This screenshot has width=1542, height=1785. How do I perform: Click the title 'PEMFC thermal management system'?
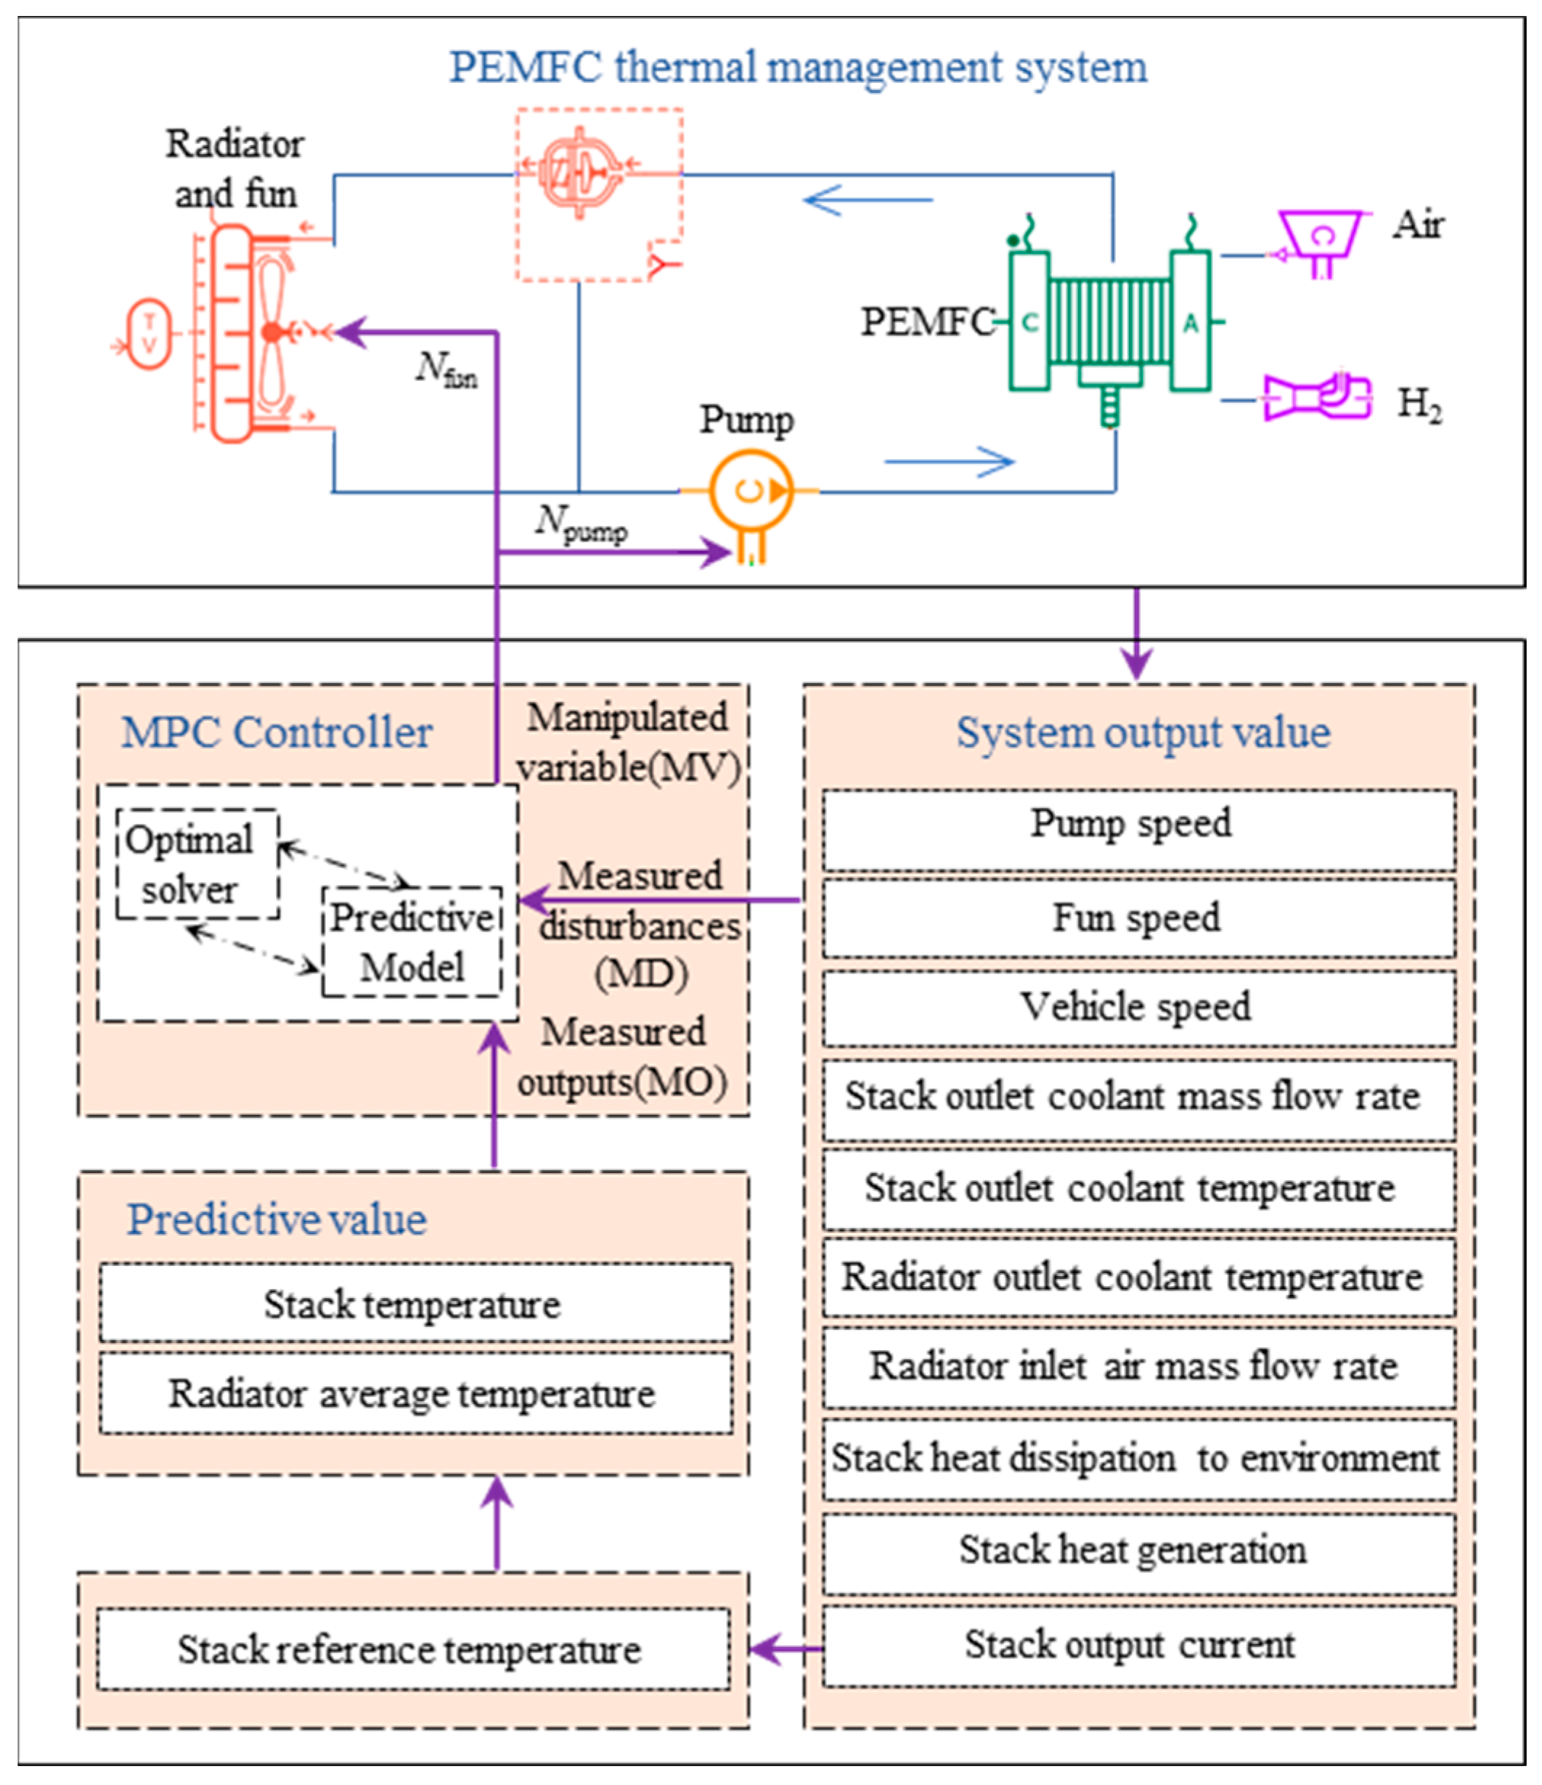tap(798, 68)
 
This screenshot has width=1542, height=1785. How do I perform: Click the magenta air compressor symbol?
tap(1321, 243)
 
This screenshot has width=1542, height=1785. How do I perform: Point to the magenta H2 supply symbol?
tap(1317, 397)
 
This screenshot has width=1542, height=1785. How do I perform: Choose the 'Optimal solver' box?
tap(197, 864)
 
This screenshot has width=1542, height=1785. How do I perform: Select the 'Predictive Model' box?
tap(412, 941)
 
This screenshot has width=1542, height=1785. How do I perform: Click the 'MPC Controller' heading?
tap(277, 733)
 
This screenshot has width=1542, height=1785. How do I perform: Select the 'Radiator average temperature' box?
tap(416, 1394)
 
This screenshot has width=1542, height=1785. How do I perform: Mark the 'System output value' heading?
tap(1143, 733)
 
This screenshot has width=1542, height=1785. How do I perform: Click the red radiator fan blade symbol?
tap(272, 332)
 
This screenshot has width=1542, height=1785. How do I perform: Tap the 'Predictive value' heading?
tap(277, 1220)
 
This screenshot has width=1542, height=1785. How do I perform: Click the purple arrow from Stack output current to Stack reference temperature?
tap(786, 1649)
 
